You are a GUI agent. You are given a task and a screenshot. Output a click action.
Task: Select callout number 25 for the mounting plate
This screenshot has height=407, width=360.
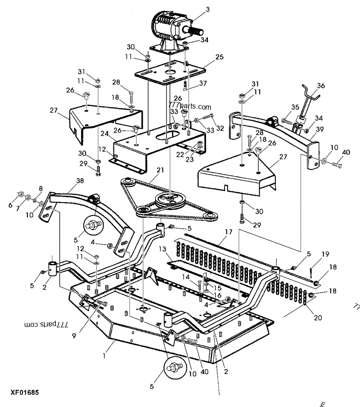pyautogui.click(x=219, y=57)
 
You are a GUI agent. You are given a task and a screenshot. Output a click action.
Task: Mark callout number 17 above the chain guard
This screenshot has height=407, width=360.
pyautogui.click(x=229, y=233)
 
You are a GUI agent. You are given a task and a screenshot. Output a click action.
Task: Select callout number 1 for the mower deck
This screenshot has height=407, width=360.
pyautogui.click(x=104, y=356)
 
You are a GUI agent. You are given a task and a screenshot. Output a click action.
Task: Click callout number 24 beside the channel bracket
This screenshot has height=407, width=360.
pyautogui.click(x=104, y=134)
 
